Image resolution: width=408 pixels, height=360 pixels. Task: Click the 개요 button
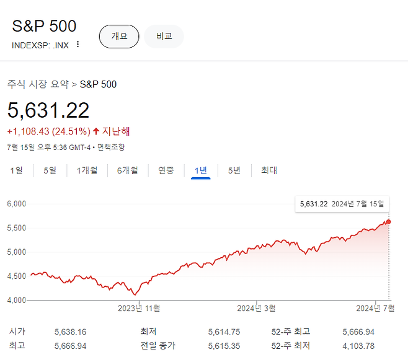119,37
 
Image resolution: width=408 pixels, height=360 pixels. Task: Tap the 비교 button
164,37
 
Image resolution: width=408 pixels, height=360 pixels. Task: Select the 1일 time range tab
16,170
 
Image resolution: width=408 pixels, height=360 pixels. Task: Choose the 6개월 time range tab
128,170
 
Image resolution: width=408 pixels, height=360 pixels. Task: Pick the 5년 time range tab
234,170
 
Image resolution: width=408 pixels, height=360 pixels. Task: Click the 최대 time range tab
269,170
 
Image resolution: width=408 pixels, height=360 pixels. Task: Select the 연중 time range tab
166,170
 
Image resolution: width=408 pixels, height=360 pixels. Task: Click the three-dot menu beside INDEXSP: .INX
78,44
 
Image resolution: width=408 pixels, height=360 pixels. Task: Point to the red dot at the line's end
389,222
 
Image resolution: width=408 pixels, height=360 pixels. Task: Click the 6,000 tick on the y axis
16,204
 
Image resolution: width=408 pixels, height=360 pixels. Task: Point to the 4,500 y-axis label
16,276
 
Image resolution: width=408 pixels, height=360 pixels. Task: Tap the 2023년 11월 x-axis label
139,309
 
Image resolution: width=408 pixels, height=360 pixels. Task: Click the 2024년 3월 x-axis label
256,309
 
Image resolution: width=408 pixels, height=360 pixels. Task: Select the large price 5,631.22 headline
48,110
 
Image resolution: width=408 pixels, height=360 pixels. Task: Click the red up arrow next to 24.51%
96,131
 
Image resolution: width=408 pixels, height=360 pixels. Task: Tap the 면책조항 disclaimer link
111,147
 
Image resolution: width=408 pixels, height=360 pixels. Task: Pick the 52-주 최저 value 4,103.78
358,346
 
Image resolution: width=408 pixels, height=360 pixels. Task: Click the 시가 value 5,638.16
70,332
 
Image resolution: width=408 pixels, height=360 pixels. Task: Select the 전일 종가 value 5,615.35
224,346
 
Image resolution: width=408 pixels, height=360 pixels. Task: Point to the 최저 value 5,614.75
224,332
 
